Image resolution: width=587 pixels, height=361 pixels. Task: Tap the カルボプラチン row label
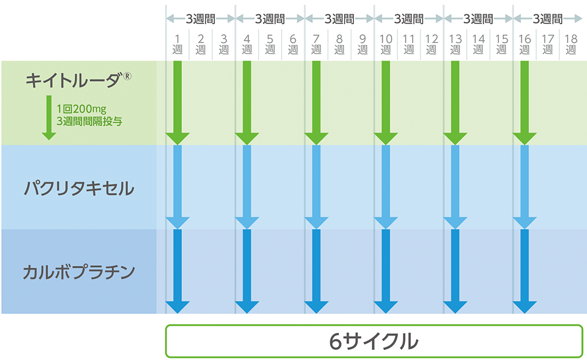click(79, 272)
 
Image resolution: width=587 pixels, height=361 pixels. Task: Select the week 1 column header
click(177, 45)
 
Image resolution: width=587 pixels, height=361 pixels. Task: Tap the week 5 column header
click(270, 45)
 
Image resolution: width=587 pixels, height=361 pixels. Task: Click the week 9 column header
click(362, 45)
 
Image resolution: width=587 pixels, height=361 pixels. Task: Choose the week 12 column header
click(432, 45)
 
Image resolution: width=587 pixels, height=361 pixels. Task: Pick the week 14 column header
click(478, 45)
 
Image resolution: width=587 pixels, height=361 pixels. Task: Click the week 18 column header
click(571, 45)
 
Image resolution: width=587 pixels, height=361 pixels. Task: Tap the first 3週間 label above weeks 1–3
click(200, 19)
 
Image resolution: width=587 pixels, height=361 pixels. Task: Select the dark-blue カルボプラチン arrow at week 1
click(177, 270)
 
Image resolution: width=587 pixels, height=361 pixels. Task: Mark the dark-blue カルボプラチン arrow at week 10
click(386, 270)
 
